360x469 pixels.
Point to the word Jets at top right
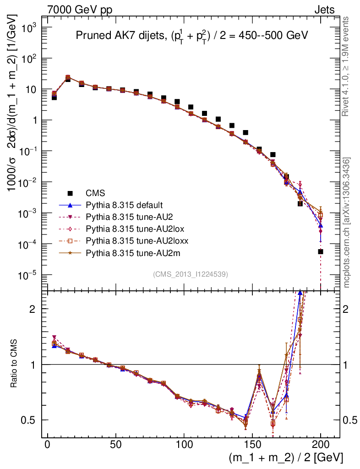pos(324,10)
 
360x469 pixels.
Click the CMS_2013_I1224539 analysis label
pos(191,274)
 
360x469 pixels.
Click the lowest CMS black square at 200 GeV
pos(321,251)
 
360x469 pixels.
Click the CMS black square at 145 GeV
pos(245,132)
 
